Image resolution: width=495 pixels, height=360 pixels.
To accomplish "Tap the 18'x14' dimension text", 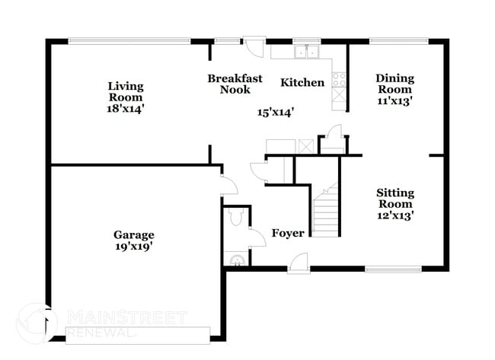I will pyautogui.click(x=126, y=109).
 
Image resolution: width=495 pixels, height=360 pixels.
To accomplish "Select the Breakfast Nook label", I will pyautogui.click(x=235, y=84).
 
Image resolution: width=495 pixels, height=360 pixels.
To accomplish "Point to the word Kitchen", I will pyautogui.click(x=302, y=82).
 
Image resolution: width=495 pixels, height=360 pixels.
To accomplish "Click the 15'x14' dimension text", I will pyautogui.click(x=276, y=112).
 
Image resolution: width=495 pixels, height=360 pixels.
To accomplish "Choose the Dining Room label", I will pyautogui.click(x=394, y=84).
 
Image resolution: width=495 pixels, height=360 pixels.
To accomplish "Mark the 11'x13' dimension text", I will pyautogui.click(x=394, y=100).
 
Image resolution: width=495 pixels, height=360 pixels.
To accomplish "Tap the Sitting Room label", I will pyautogui.click(x=394, y=198).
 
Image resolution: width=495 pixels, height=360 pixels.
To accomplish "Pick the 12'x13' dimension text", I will pyautogui.click(x=394, y=215).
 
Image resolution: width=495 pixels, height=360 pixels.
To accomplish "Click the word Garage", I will pyautogui.click(x=134, y=234).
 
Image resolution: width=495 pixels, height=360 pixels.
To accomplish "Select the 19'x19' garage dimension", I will pyautogui.click(x=134, y=246).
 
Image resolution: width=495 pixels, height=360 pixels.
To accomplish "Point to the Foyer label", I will pyautogui.click(x=288, y=233).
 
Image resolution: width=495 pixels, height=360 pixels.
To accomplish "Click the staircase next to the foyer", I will pyautogui.click(x=325, y=213).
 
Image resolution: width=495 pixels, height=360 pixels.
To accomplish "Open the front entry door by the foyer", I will pyautogui.click(x=299, y=263).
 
